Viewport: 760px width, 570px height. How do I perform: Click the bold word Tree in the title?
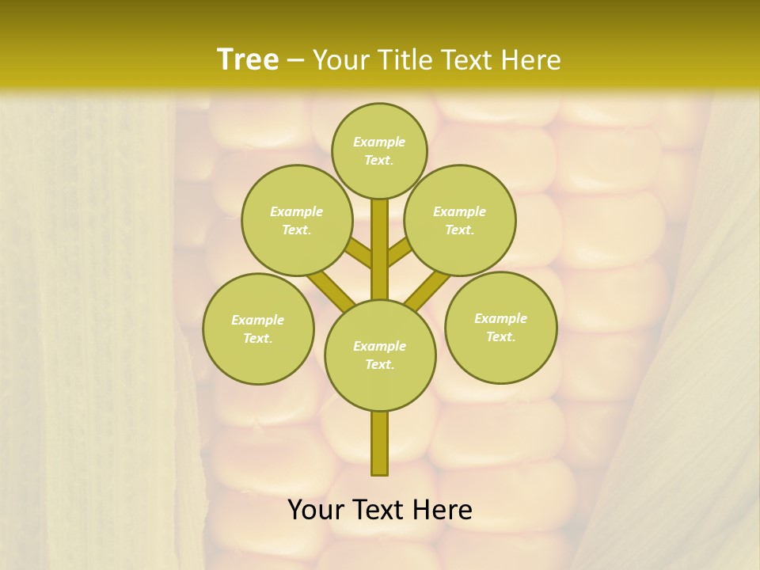tap(248, 59)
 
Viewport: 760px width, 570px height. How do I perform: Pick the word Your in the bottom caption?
tap(315, 511)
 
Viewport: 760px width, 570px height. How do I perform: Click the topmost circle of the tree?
tap(379, 150)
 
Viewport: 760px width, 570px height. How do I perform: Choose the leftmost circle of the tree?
tap(258, 329)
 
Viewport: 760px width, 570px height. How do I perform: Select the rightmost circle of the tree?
tap(500, 327)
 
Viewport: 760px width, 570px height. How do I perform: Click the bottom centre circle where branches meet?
tap(380, 355)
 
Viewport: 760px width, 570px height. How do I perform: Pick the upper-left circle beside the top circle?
tap(296, 220)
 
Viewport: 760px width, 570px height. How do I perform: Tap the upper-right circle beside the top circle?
tap(459, 220)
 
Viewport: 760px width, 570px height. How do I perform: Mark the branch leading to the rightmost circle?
tap(427, 290)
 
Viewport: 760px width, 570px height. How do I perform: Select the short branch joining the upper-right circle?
tap(399, 252)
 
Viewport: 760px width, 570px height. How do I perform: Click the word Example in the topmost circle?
tap(379, 142)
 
